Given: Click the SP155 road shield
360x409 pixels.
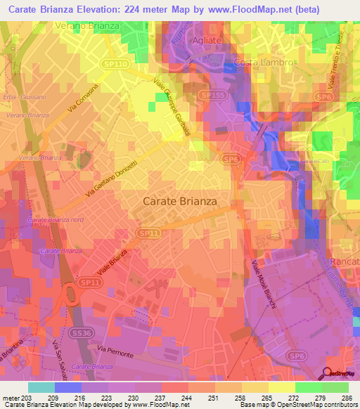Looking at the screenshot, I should tap(209, 93).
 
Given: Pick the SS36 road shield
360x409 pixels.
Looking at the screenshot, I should tap(82, 332).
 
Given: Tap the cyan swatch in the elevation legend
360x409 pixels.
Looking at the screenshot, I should tap(41, 387).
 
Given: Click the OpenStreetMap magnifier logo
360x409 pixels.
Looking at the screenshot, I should tap(328, 372).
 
